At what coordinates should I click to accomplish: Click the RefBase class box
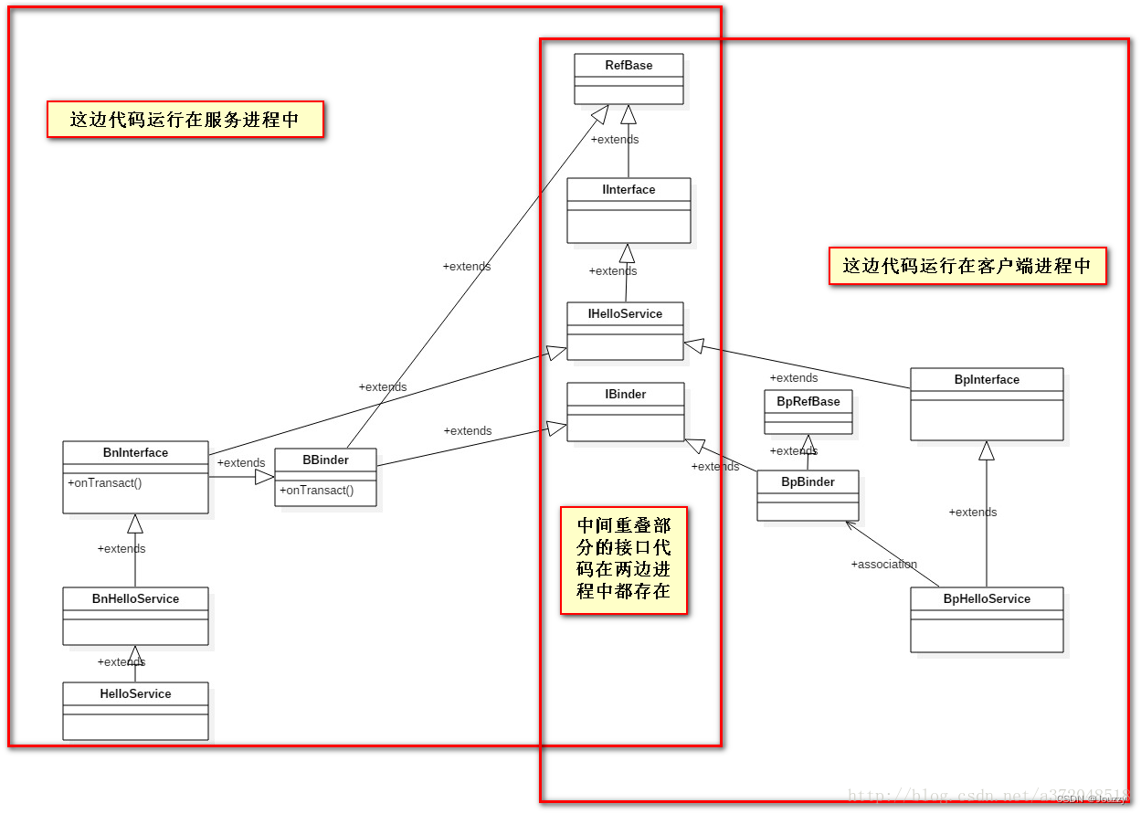click(x=628, y=78)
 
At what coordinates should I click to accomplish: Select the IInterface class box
click(x=628, y=210)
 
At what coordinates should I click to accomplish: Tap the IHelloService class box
click(x=625, y=331)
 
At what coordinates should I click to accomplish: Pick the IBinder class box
click(x=625, y=411)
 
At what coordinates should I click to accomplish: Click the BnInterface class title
click(x=135, y=452)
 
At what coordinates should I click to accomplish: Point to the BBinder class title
click(x=325, y=460)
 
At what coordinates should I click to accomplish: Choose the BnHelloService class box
click(x=135, y=616)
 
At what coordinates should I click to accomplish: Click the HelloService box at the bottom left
click(x=135, y=711)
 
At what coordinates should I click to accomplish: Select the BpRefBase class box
click(x=808, y=411)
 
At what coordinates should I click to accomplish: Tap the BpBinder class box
click(x=808, y=495)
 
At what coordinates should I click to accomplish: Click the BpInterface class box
click(x=987, y=404)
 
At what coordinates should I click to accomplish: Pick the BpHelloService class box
click(x=987, y=619)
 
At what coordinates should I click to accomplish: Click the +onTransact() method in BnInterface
click(x=104, y=481)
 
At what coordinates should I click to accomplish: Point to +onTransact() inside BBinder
click(x=316, y=490)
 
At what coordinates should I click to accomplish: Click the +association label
click(x=883, y=564)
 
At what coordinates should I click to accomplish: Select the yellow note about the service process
click(x=185, y=120)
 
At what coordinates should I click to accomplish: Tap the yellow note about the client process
click(x=967, y=266)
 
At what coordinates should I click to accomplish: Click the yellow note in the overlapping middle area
click(x=623, y=559)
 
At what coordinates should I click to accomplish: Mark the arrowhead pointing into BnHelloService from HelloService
click(x=135, y=653)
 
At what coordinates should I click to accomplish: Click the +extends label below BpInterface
click(x=972, y=512)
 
